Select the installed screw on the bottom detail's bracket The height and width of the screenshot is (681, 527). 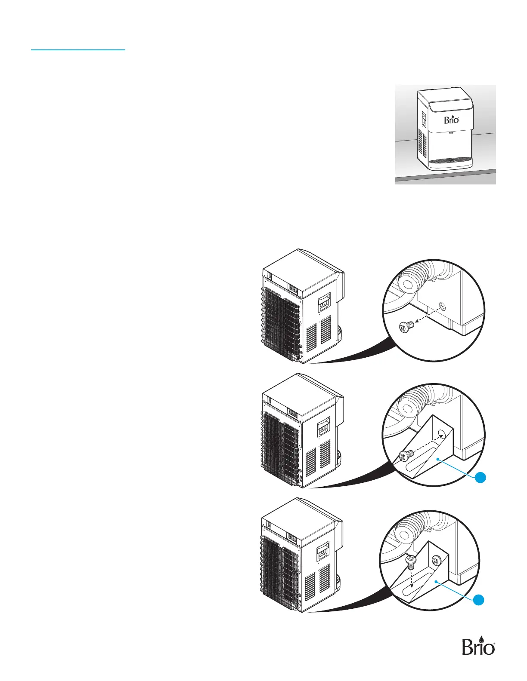(x=437, y=561)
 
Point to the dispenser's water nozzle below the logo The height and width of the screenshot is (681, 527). (x=451, y=132)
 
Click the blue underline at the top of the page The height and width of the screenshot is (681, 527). (x=78, y=50)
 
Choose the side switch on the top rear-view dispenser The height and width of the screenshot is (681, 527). (x=324, y=303)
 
